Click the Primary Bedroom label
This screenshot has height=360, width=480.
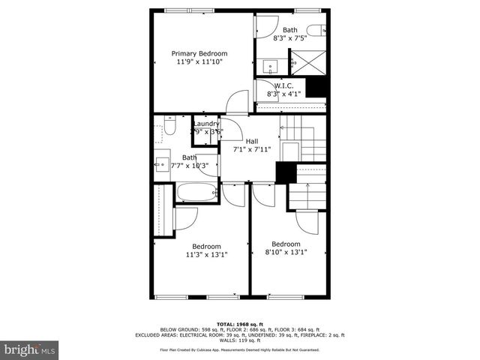[199, 53]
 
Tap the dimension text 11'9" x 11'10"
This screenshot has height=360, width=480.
[199, 62]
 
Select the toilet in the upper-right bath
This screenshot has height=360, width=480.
[316, 30]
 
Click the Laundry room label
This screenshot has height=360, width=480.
[206, 124]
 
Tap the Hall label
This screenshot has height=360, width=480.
[252, 140]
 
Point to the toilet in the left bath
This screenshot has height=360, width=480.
[169, 128]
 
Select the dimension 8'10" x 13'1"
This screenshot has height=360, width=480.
[286, 253]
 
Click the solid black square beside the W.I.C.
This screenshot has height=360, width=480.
[318, 87]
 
